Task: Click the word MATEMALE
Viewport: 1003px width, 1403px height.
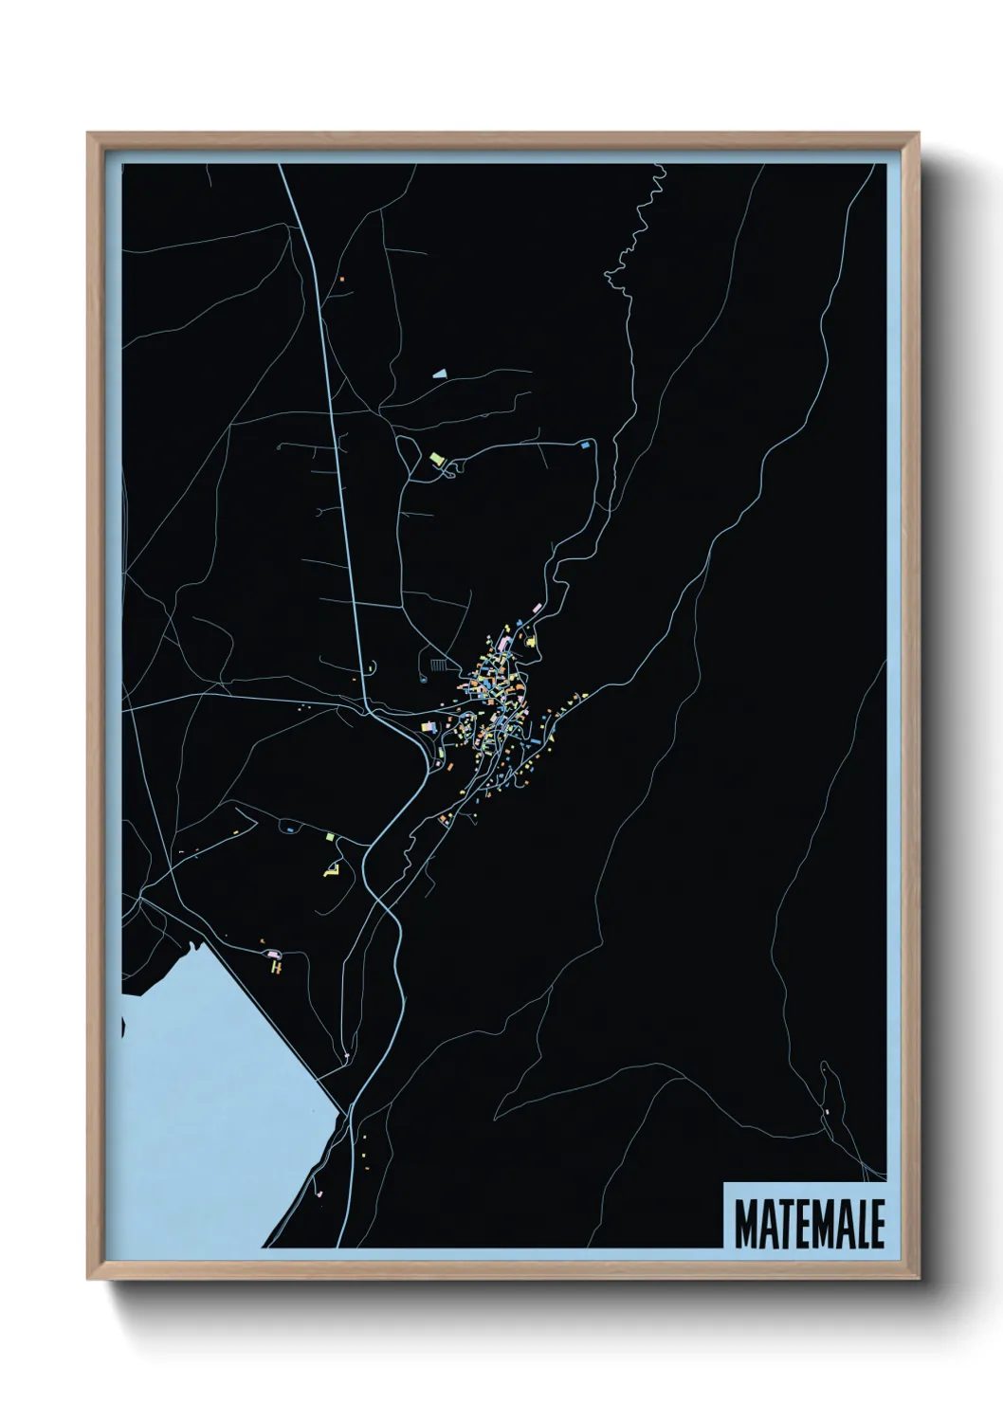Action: (809, 1224)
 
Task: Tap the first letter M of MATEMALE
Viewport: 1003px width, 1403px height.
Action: (745, 1224)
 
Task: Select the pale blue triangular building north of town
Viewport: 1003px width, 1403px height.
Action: (438, 374)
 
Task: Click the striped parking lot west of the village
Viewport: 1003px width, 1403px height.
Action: (437, 665)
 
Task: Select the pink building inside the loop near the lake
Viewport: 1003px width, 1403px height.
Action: (273, 952)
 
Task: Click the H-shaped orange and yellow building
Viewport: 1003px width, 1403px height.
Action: (277, 966)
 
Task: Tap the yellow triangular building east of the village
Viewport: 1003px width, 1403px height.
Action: (532, 643)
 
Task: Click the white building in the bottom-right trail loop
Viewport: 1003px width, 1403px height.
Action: (828, 1110)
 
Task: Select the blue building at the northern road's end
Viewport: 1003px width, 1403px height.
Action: (585, 443)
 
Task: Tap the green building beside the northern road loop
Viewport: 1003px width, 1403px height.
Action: (436, 459)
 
